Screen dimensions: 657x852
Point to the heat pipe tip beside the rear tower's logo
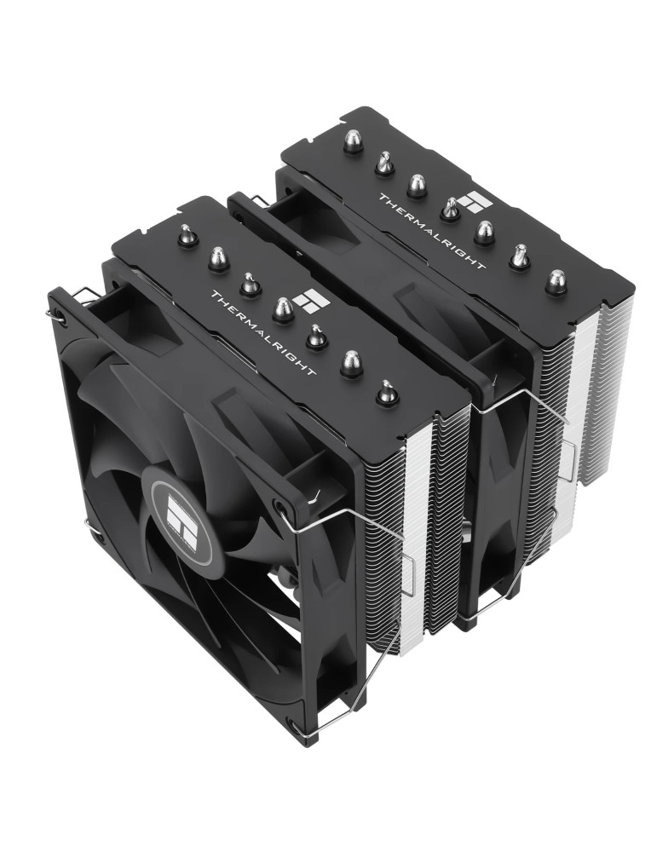click(449, 209)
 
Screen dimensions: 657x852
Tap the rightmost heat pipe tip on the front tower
click(386, 391)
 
